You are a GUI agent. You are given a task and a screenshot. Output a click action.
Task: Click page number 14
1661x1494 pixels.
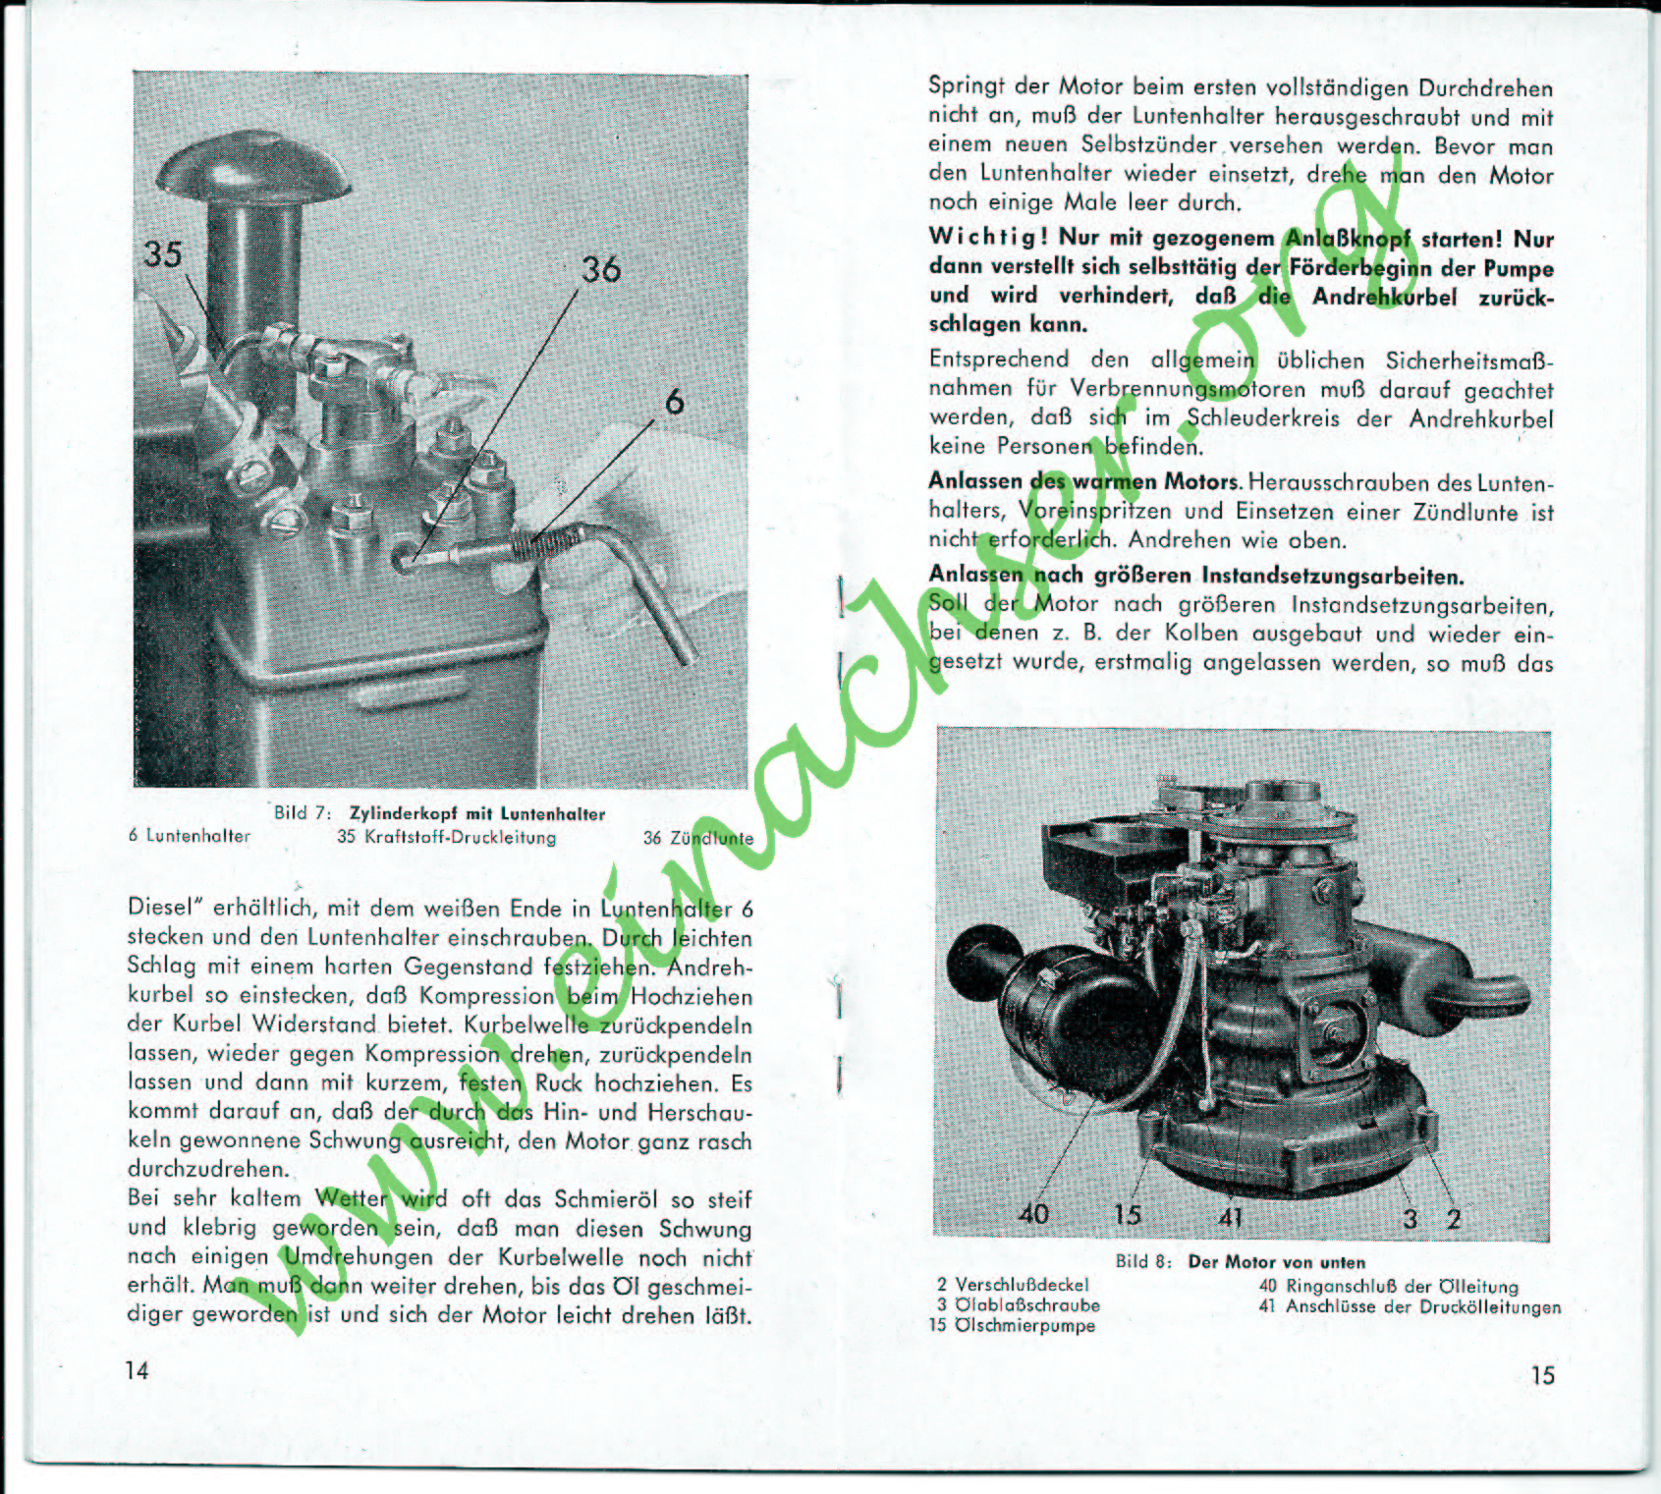point(138,1370)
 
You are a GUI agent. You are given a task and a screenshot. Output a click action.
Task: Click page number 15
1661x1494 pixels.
point(1543,1375)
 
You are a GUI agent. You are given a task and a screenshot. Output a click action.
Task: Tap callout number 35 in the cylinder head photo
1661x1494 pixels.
point(163,254)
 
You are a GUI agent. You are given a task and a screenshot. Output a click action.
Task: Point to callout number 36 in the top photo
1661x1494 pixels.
point(601,269)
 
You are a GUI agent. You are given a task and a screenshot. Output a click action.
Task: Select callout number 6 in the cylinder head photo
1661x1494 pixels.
point(675,402)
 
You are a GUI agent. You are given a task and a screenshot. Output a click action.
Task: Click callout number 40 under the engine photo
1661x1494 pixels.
point(1033,1215)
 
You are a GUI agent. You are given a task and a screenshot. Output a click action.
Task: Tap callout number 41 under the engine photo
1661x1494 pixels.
point(1232,1218)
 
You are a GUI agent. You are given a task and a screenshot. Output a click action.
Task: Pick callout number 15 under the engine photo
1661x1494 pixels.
point(1129,1215)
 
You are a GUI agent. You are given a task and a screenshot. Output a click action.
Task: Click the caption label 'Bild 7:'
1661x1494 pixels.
point(304,813)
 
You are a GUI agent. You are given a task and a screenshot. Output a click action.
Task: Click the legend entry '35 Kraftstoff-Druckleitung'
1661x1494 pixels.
point(447,838)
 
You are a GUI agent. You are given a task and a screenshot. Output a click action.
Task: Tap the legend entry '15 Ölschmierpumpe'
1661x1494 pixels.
point(1012,1325)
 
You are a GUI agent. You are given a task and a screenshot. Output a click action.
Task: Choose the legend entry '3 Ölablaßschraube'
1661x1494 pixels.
point(1019,1305)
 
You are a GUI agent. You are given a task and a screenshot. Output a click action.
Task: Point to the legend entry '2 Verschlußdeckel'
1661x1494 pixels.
point(1013,1285)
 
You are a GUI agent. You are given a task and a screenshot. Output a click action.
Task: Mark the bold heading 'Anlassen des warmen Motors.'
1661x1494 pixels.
point(1085,482)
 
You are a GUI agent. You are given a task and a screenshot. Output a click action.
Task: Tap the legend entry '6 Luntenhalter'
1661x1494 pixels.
point(190,837)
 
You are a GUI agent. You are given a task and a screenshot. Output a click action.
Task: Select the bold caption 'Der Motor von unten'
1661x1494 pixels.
point(1277,1262)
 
